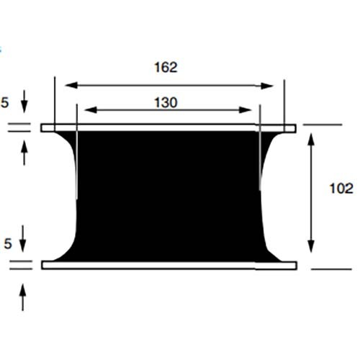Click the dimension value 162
(x=166, y=67)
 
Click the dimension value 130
(x=166, y=103)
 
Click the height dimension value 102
(x=341, y=189)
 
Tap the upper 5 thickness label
(x=5, y=102)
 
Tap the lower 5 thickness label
(x=8, y=243)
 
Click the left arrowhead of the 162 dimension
(x=71, y=85)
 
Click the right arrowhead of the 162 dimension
(x=267, y=86)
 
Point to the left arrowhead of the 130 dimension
(x=91, y=110)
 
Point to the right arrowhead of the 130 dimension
(x=245, y=110)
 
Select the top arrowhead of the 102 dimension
(x=311, y=139)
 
